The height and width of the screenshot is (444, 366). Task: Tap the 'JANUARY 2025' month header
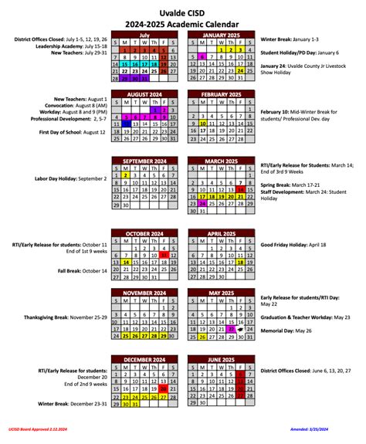pos(222,35)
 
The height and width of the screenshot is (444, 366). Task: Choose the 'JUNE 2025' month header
pos(222,360)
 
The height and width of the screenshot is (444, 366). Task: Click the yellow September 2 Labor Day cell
pos(125,175)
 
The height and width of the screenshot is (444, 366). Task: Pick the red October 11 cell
pos(164,254)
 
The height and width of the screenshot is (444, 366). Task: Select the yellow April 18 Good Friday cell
pos(241,262)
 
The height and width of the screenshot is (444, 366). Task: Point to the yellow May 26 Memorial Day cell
pos(202,336)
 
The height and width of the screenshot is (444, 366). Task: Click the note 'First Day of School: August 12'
pos(68,133)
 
